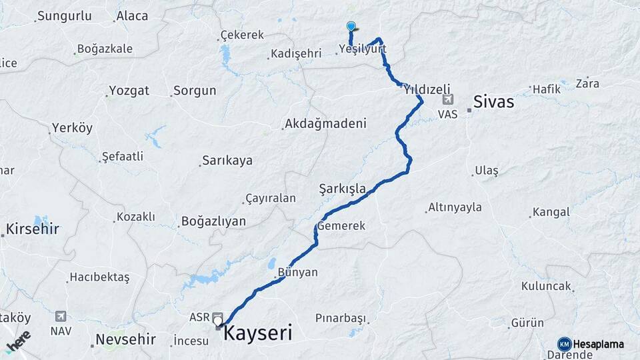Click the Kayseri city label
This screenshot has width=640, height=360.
click(257, 333)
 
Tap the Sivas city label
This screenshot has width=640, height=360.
click(493, 102)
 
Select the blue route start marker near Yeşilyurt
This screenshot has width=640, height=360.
click(351, 27)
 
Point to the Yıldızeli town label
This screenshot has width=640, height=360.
click(427, 89)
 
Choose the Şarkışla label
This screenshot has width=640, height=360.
click(343, 189)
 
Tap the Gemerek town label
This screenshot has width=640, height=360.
click(341, 226)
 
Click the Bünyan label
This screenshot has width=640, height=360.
click(297, 272)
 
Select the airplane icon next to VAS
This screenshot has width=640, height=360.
click(447, 100)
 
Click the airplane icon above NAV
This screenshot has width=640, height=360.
click(61, 315)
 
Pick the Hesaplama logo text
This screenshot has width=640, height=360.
click(598, 344)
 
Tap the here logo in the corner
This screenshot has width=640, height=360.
click(17, 342)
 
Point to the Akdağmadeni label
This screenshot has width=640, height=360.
click(325, 123)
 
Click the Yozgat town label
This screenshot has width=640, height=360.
click(129, 90)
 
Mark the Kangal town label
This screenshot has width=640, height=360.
click(551, 212)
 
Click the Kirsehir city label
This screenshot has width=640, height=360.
click(32, 229)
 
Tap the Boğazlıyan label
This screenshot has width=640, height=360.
click(213, 221)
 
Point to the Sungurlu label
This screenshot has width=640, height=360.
click(64, 15)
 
